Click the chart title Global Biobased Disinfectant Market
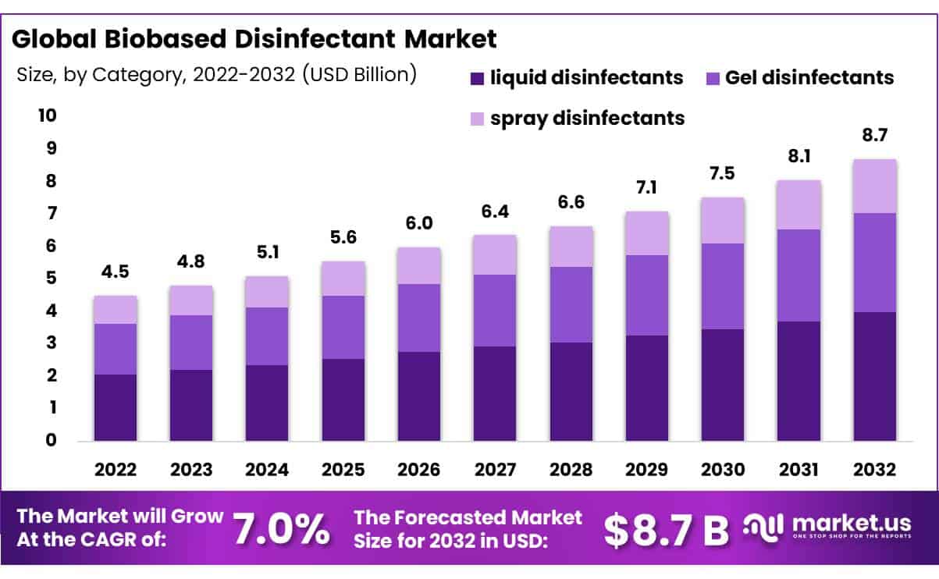pos(254,38)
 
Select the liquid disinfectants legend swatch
pos(478,79)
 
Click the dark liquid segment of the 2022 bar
pos(116,407)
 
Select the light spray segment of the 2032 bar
pos(874,186)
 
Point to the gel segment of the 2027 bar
pos(495,311)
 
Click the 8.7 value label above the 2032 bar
pos(874,136)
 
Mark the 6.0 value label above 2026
pos(419,223)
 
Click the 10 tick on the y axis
pos(47,115)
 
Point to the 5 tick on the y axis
pos(49,279)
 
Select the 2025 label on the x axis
pos(343,470)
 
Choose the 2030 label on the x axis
pos(723,470)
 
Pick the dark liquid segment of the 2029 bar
pos(646,388)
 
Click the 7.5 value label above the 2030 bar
pos(723,174)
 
